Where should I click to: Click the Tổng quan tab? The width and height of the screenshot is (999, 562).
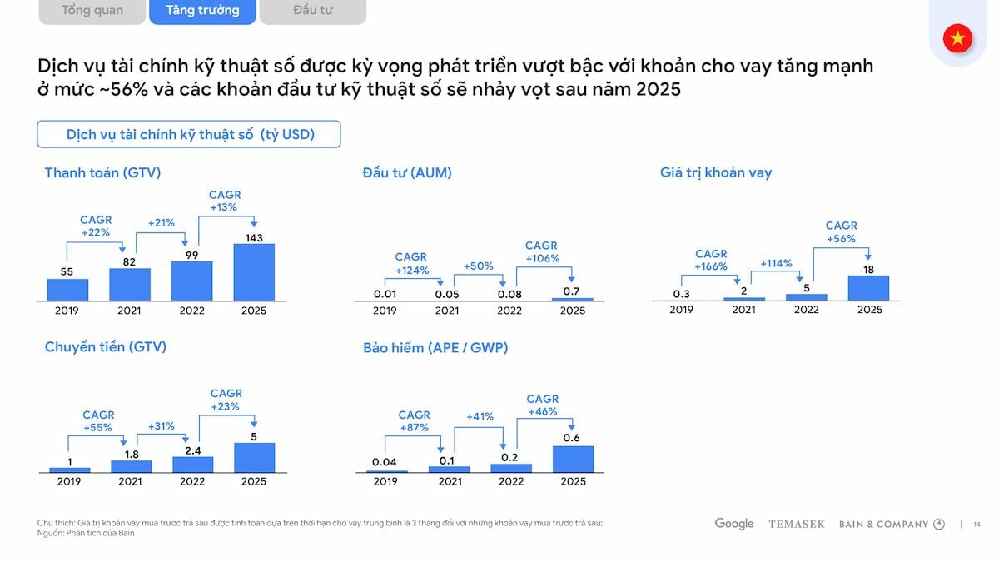[92, 11]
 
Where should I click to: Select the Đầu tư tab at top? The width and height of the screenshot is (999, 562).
[313, 11]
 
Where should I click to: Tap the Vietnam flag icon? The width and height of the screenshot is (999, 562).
[957, 38]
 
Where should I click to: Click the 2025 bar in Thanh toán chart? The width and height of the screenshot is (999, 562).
[254, 272]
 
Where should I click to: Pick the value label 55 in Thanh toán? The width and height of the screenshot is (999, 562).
[67, 271]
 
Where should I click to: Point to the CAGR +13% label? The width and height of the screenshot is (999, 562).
[224, 201]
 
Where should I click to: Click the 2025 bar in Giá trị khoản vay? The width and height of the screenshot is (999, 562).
[869, 288]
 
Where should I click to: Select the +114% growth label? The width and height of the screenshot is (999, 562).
[776, 263]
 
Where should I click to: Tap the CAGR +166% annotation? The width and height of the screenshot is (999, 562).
[711, 260]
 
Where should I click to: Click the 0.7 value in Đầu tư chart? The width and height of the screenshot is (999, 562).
[572, 291]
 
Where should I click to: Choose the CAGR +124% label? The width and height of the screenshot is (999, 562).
[411, 263]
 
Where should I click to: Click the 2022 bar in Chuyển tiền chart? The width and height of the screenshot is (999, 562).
[192, 464]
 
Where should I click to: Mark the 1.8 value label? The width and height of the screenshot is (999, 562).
[131, 453]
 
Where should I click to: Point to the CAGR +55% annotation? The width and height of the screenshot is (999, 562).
[98, 420]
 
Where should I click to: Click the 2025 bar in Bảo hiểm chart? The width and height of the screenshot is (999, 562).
[573, 460]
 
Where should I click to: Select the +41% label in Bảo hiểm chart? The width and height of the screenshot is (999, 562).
[480, 416]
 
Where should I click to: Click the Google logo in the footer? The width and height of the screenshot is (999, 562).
[733, 524]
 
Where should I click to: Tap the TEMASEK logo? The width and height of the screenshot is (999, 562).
[797, 525]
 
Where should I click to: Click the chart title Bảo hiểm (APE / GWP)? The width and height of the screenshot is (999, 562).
[435, 348]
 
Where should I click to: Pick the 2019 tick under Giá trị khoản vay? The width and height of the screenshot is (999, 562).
[681, 310]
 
